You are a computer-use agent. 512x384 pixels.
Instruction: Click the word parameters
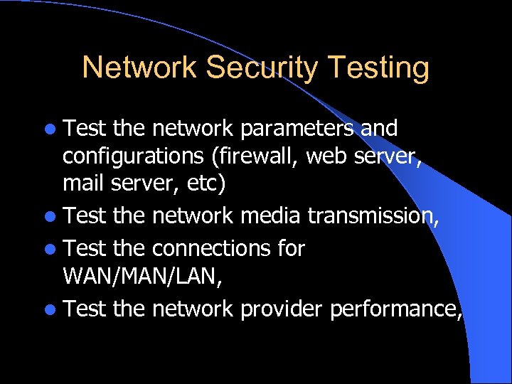pyautogui.click(x=297, y=129)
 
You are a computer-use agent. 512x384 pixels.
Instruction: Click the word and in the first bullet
pyautogui.click(x=378, y=129)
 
